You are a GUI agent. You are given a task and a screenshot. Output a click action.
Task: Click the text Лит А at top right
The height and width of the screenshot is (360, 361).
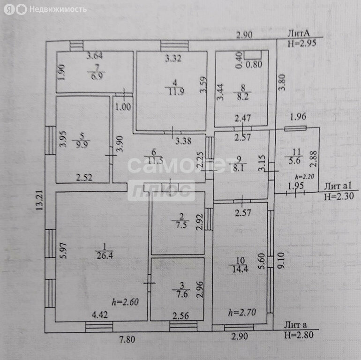point(298,33)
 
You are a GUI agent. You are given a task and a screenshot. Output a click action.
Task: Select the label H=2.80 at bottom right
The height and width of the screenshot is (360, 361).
point(298,334)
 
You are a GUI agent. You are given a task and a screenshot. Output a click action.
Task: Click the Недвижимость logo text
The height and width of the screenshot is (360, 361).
point(58,9)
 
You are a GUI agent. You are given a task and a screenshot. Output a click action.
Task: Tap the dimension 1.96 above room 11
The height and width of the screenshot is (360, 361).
point(298,117)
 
